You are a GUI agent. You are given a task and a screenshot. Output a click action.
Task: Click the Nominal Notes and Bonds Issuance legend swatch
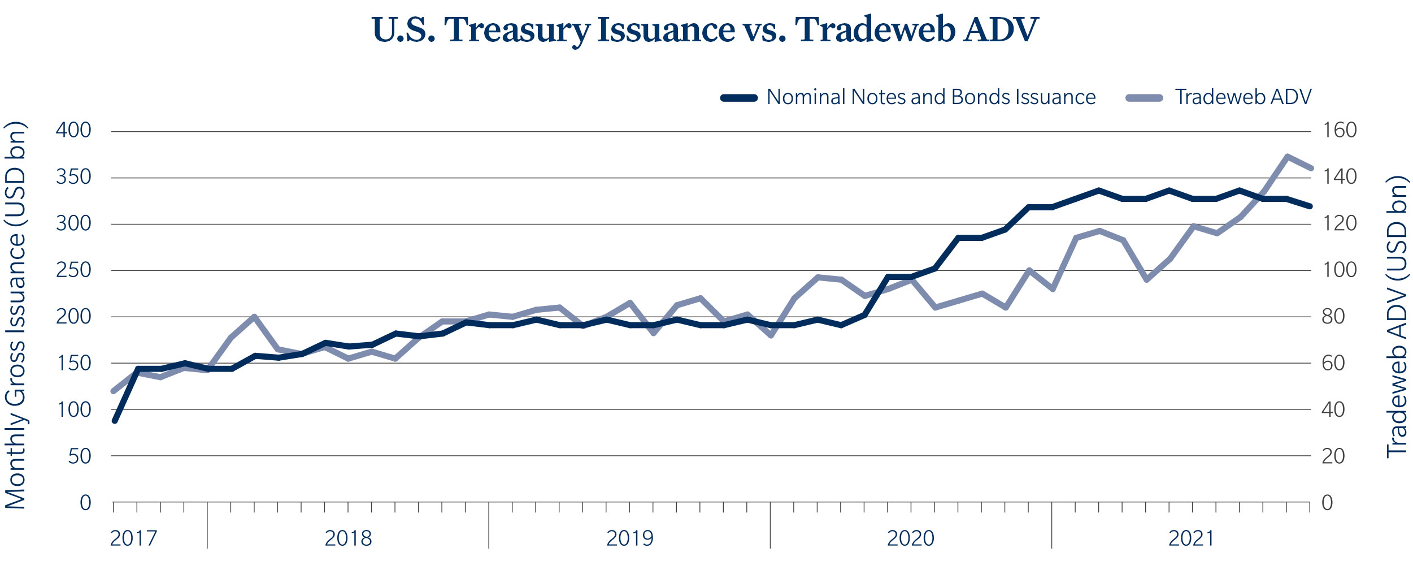click(738, 98)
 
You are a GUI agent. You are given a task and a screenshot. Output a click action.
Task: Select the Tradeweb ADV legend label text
click(1243, 97)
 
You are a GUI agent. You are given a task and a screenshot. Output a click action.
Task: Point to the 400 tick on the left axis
click(73, 131)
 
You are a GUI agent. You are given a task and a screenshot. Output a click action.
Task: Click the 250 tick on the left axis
click(73, 270)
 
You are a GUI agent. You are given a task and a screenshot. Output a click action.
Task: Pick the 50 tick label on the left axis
click(80, 456)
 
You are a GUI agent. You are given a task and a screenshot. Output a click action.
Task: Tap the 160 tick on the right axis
click(1339, 131)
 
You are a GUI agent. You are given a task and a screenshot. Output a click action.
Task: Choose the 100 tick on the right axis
click(1339, 270)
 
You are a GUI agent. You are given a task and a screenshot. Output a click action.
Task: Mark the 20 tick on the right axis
click(1333, 456)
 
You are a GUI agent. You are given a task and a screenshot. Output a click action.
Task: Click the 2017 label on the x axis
click(133, 538)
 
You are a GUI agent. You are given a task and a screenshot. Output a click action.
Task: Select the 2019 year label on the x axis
click(629, 538)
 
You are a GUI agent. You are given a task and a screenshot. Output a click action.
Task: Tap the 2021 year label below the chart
click(1191, 538)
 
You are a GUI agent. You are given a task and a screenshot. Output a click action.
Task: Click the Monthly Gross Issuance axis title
click(16, 315)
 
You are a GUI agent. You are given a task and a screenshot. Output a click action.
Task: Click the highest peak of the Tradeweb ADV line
click(1286, 156)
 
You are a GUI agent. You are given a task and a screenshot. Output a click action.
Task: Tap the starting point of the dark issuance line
click(115, 421)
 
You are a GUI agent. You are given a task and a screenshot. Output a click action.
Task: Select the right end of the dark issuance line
click(1310, 206)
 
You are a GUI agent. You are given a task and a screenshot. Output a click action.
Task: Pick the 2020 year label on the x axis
click(910, 538)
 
